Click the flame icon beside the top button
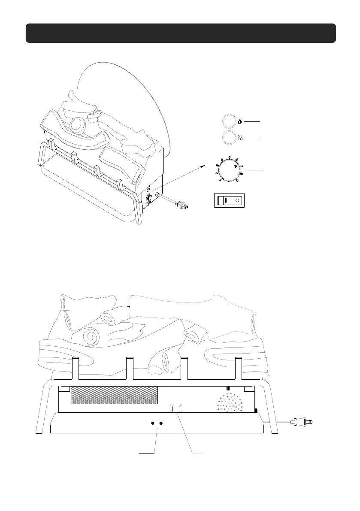(239, 122)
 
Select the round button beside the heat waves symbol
(229, 138)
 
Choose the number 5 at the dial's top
(230, 157)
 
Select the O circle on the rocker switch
(237, 200)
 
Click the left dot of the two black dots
(152, 423)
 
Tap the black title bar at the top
(180, 33)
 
